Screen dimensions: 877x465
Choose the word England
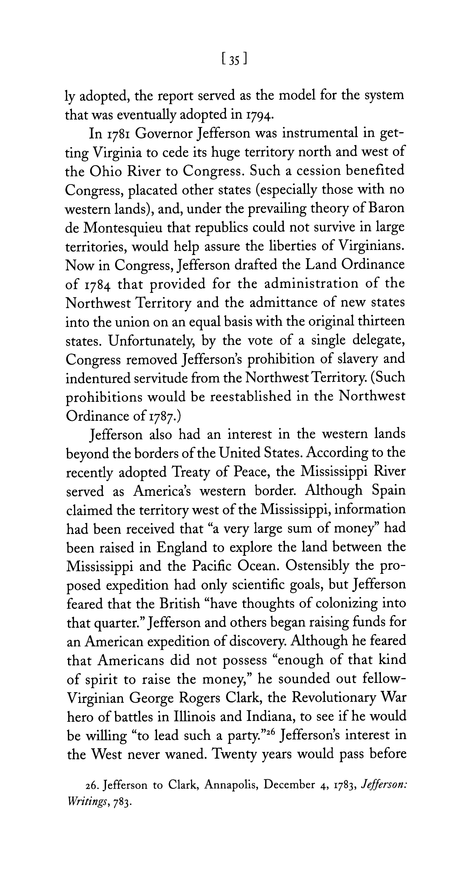(182, 547)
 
